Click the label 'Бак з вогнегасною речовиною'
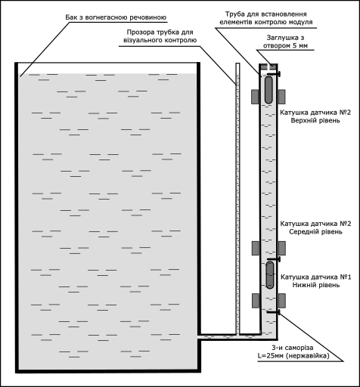click(x=116, y=17)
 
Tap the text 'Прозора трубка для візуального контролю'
click(x=160, y=36)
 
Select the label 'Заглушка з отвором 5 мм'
click(x=285, y=42)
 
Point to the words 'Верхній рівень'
click(x=315, y=120)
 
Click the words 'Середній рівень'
click(x=315, y=231)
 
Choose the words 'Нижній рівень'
click(x=316, y=285)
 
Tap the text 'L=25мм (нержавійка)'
click(x=293, y=356)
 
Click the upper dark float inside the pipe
click(x=268, y=90)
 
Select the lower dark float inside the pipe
click(x=270, y=275)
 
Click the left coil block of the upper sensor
click(x=255, y=97)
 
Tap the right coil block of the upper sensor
click(x=281, y=97)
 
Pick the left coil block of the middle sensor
click(x=256, y=248)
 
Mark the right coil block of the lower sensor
click(x=282, y=301)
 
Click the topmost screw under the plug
click(x=274, y=74)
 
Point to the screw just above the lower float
click(x=274, y=259)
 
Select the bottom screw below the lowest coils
click(x=274, y=312)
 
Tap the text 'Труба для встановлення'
click(x=266, y=14)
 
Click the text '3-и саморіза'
click(x=293, y=348)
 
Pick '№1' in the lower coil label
click(x=346, y=277)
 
